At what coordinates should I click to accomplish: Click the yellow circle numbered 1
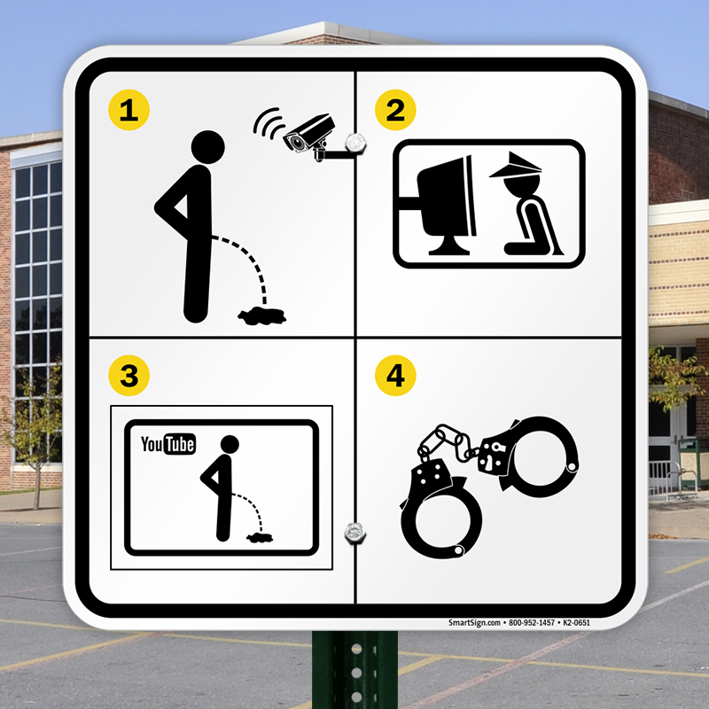[129, 110]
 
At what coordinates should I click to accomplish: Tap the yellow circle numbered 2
[395, 110]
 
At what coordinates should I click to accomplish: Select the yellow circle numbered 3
[129, 375]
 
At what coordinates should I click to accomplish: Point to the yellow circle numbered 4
[395, 375]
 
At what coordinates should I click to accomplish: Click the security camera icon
[312, 136]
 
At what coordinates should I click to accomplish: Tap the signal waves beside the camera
[268, 122]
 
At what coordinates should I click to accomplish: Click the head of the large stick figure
[208, 147]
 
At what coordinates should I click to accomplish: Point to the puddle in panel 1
[262, 316]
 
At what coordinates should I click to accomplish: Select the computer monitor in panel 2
[447, 204]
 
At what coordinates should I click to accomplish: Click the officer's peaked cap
[517, 166]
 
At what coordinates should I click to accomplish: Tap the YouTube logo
[168, 444]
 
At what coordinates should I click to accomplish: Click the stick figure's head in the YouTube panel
[230, 445]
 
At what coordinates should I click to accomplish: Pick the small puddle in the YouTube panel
[260, 537]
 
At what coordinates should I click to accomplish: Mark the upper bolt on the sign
[355, 144]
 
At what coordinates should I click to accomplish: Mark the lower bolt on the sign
[355, 533]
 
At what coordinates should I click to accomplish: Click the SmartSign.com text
[474, 623]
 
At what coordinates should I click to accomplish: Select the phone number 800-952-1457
[532, 623]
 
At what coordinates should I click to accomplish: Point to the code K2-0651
[577, 623]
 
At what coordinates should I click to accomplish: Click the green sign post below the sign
[355, 669]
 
